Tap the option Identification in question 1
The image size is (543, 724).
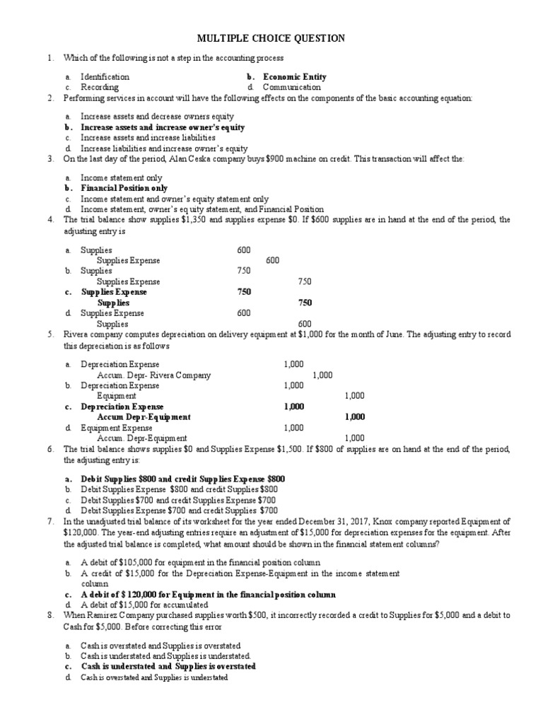(105, 76)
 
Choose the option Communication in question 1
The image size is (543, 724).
(291, 87)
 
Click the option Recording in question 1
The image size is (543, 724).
(99, 87)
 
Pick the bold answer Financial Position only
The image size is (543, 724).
(124, 189)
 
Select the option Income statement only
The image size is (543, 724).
(121, 178)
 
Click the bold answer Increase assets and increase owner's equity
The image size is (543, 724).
(163, 127)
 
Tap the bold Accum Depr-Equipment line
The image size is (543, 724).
(144, 417)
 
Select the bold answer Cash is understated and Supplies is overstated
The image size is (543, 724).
(168, 666)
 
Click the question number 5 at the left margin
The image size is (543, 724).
(50, 334)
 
